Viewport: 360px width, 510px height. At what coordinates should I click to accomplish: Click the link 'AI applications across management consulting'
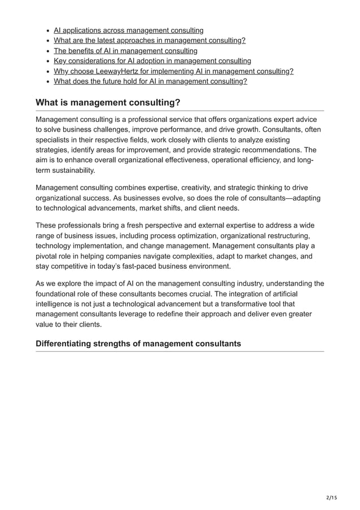129,30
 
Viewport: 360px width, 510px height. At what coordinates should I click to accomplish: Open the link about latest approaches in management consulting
150,40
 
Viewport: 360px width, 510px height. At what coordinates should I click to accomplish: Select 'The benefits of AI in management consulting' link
125,50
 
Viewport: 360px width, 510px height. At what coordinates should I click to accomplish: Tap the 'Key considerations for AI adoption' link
152,60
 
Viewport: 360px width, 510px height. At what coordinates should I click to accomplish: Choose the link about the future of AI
150,81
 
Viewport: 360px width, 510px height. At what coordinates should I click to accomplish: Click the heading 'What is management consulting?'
108,102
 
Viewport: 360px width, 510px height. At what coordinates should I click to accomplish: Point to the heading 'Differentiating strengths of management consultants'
138,343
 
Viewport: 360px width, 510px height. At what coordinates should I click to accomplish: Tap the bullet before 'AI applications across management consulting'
47,30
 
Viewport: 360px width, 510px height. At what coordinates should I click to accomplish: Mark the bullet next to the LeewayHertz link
47,71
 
